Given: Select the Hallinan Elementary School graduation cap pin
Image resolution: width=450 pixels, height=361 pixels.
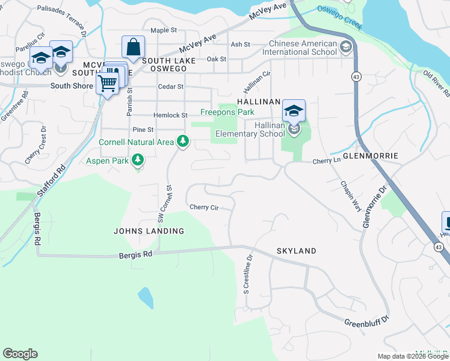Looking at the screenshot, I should click(294, 111).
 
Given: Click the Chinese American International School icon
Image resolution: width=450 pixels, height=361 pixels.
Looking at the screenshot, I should click(346, 47).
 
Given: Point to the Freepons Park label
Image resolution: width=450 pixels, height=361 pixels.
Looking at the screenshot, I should click(227, 112).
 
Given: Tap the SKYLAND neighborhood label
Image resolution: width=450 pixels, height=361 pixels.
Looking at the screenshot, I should click(296, 250).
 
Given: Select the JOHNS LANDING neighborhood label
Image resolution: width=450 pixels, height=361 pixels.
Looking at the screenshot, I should click(149, 231).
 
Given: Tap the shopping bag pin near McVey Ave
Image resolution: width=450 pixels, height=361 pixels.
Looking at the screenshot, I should click(133, 46).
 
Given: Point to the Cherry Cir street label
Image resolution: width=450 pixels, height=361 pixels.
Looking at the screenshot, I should click(203, 207).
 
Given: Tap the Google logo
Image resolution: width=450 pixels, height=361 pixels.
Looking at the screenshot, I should click(20, 354).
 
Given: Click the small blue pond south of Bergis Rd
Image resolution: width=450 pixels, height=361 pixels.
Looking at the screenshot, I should click(145, 297).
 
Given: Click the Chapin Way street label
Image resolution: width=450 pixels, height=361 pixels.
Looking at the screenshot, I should click(351, 196).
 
